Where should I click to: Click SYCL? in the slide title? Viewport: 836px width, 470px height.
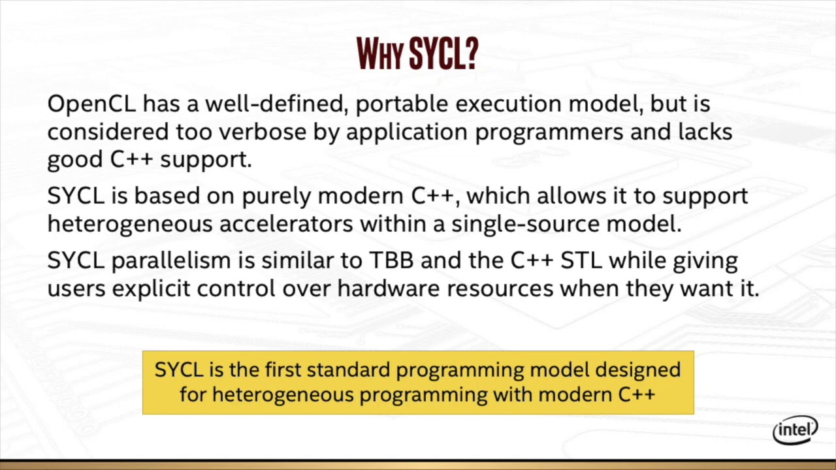[443, 54]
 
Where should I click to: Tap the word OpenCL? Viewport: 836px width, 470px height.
[91, 104]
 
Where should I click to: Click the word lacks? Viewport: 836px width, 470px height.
[704, 132]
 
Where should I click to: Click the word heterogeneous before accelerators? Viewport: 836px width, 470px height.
[130, 224]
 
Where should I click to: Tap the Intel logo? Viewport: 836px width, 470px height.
[795, 430]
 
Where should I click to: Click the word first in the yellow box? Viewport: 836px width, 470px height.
[283, 369]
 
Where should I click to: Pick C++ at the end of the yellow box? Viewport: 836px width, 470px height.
[636, 395]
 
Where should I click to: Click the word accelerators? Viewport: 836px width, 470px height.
[286, 224]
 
